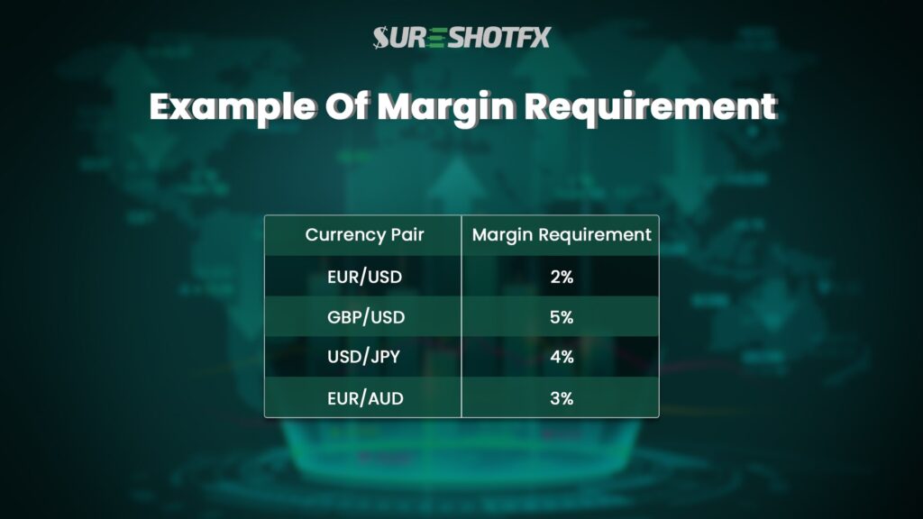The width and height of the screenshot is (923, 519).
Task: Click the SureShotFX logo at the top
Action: pyautogui.click(x=461, y=37)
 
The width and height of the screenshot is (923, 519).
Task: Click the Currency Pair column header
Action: pyautogui.click(x=364, y=235)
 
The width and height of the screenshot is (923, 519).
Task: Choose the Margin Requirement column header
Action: pyautogui.click(x=562, y=235)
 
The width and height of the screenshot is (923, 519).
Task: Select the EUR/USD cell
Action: pyautogui.click(x=364, y=277)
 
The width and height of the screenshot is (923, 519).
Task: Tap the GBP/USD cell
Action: pyautogui.click(x=364, y=317)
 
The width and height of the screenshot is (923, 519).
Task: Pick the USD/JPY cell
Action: pyautogui.click(x=364, y=358)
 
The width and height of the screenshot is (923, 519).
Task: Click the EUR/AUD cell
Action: pyautogui.click(x=364, y=397)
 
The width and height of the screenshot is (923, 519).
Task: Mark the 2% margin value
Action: pyautogui.click(x=562, y=277)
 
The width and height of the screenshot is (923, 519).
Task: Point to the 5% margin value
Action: pyautogui.click(x=562, y=317)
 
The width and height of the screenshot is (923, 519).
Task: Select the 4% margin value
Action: pyautogui.click(x=562, y=358)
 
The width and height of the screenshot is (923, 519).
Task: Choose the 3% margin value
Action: pyautogui.click(x=562, y=397)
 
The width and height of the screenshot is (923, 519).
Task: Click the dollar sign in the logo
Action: pyautogui.click(x=380, y=37)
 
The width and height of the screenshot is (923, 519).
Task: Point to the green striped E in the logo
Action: pyautogui.click(x=436, y=37)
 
